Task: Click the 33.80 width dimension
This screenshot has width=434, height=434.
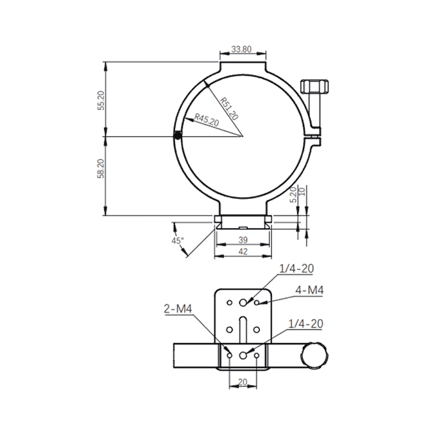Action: click(242, 49)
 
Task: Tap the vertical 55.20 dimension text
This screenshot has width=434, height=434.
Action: click(101, 100)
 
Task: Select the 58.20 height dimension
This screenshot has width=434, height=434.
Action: click(101, 169)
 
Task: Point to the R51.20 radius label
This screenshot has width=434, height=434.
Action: click(229, 108)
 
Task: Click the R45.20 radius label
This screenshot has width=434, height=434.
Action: click(207, 119)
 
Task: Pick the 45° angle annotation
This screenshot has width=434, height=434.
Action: click(178, 240)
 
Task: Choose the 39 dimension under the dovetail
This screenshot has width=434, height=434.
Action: click(243, 240)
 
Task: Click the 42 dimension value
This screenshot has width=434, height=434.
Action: click(243, 252)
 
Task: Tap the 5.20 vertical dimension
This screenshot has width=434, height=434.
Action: click(293, 194)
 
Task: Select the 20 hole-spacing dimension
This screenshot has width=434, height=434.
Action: click(242, 382)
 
